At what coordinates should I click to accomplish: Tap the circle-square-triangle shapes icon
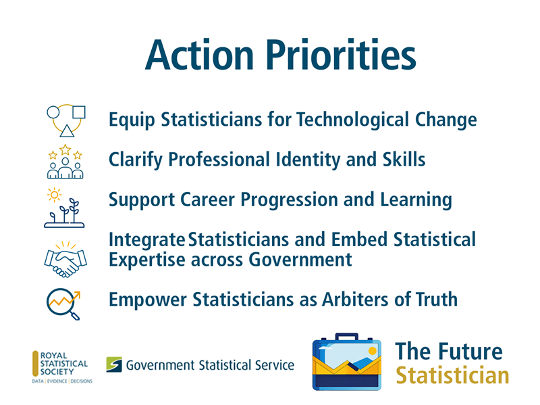pos(65,120)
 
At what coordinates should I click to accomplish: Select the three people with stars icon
pos(65,161)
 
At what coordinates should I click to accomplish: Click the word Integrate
pos(146,240)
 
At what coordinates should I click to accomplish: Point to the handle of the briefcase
pos(346,337)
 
